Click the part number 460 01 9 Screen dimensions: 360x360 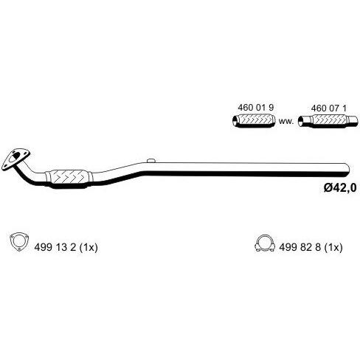pos(256,108)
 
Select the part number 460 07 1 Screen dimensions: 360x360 pos(329,108)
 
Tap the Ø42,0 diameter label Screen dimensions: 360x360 pos(340,188)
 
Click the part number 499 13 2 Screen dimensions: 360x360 pos(55,247)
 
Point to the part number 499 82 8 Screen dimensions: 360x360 pos(300,247)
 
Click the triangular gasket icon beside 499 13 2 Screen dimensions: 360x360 pos(19,242)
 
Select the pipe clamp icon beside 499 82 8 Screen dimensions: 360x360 pos(265,243)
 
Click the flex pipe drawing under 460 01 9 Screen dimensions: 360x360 pos(254,121)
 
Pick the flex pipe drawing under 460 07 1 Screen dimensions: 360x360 pos(328,122)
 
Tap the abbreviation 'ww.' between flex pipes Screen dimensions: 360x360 pos(286,121)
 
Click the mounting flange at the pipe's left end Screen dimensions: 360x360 pos(15,159)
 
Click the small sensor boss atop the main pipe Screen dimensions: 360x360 pos(150,161)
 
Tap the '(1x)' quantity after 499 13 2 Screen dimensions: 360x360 pos(89,247)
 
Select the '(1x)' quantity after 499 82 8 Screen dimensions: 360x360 pos(333,247)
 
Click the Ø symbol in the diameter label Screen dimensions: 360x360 pos(328,188)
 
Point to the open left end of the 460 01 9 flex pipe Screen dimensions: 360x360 pos(235,121)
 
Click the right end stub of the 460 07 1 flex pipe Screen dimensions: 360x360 pos(353,121)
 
